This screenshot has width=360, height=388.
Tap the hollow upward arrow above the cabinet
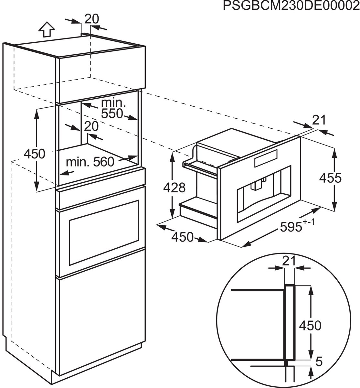point(46,30)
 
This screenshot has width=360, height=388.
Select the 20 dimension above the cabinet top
point(92,19)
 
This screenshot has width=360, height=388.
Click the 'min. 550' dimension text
point(112,108)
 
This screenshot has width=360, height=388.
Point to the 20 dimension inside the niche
point(91,126)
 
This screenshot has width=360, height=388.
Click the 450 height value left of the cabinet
point(35,154)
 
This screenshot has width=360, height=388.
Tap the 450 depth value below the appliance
point(182,237)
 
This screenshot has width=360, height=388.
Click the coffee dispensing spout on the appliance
point(258,185)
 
